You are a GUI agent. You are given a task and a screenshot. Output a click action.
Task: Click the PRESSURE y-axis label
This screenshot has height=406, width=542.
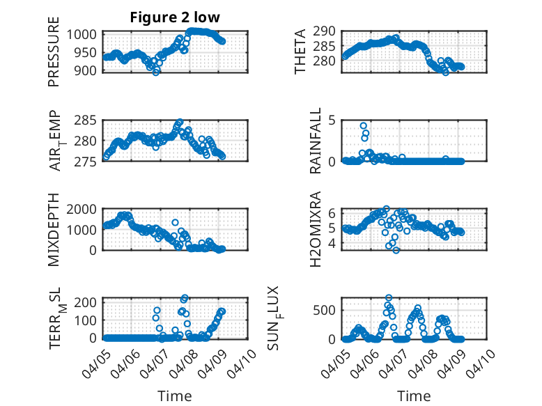coord(54,58)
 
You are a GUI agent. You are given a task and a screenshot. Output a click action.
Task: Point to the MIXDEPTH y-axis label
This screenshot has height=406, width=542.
coord(54,229)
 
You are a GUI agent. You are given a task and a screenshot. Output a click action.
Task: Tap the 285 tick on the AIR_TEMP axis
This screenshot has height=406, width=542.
coord(90,120)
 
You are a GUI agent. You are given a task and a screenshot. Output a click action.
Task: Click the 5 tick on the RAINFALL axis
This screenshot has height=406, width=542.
coord(332,120)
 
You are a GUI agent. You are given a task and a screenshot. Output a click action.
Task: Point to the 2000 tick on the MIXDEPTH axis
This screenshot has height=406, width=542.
coord(86,210)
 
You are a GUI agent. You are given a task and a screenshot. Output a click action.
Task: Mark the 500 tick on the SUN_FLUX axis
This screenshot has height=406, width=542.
coord(325,309)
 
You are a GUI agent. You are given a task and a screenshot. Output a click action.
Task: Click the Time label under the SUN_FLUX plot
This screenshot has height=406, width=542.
coord(414,396)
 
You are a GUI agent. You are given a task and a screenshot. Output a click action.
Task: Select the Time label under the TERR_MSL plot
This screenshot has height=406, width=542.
coord(175,396)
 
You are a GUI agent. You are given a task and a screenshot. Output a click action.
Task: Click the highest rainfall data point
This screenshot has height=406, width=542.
coord(364,126)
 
